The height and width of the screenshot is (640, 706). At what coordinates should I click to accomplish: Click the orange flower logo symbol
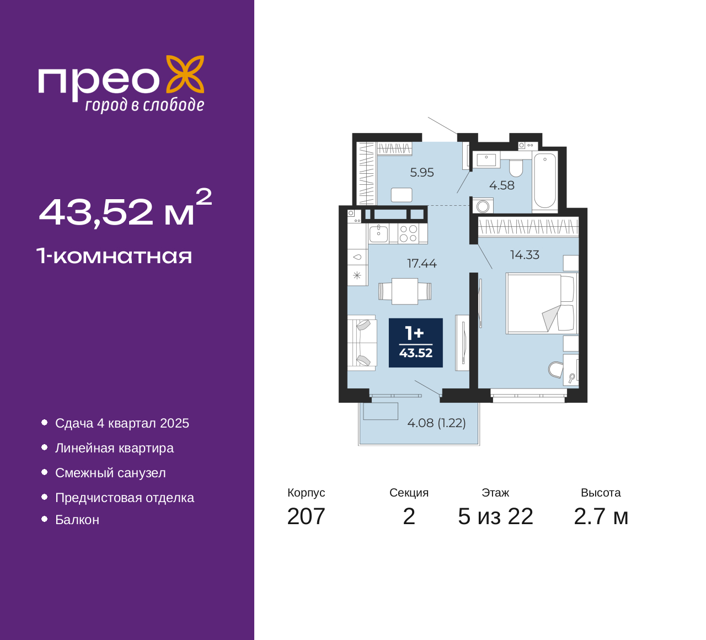point(185,74)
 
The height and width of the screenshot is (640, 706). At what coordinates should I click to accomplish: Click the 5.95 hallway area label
point(421,173)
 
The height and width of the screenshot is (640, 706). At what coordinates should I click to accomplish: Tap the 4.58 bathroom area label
point(501,185)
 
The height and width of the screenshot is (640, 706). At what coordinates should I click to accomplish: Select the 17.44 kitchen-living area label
point(421,263)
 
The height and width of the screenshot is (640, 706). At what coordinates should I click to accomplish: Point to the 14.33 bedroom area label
point(525,255)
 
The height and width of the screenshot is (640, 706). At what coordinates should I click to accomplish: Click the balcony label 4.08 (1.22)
point(436,423)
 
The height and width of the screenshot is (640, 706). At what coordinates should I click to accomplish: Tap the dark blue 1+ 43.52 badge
point(416,343)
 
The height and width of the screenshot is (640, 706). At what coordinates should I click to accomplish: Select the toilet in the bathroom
point(516,168)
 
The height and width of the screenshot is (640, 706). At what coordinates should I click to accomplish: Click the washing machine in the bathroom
point(483,206)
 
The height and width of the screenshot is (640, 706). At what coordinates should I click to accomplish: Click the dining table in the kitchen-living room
point(405,291)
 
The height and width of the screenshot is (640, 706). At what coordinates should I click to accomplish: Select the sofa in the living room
point(362,343)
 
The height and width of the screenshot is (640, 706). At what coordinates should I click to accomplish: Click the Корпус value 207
point(306,516)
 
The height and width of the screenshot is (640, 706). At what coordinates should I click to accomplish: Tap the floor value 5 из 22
point(495,516)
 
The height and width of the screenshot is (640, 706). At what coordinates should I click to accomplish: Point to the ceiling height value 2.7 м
point(601,516)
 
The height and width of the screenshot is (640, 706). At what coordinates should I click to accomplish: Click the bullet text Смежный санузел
point(110,473)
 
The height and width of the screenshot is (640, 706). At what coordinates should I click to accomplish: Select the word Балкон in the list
point(77,520)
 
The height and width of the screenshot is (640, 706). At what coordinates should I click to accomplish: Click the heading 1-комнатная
point(115,257)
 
